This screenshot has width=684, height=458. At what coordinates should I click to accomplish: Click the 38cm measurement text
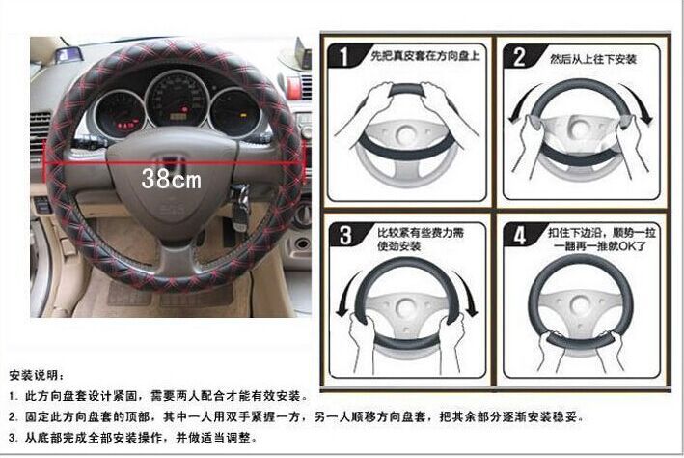click(171, 179)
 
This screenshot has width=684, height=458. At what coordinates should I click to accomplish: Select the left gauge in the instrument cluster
click(119, 113)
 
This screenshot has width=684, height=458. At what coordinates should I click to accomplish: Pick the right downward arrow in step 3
click(471, 295)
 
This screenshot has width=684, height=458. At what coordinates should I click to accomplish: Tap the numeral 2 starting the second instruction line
click(12, 416)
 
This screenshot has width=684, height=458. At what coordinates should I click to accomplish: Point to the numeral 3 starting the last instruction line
click(12, 438)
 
